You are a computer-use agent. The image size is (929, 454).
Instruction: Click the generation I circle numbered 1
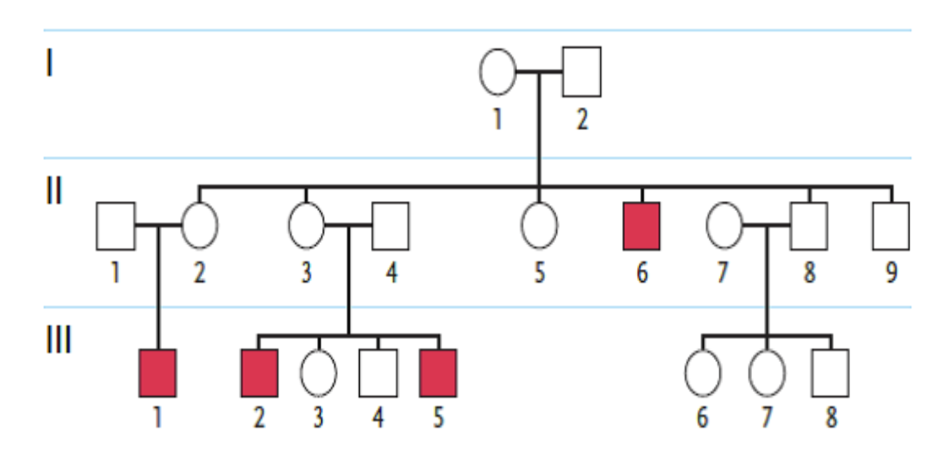pyautogui.click(x=498, y=72)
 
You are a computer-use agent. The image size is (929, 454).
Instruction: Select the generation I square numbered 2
pyautogui.click(x=582, y=72)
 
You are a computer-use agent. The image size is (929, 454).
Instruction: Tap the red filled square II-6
pyautogui.click(x=641, y=226)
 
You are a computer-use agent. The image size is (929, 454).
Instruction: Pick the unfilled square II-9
pyautogui.click(x=891, y=226)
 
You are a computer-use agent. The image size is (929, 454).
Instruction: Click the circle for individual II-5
pyautogui.click(x=539, y=226)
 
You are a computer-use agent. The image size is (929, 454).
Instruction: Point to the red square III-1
pyautogui.click(x=157, y=373)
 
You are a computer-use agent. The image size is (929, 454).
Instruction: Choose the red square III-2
pyautogui.click(x=259, y=373)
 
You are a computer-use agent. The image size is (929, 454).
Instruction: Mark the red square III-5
pyautogui.click(x=438, y=373)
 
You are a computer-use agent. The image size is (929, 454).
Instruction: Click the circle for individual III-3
pyautogui.click(x=319, y=373)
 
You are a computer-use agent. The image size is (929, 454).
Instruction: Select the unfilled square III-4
pyautogui.click(x=378, y=373)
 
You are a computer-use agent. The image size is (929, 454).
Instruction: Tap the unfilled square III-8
pyautogui.click(x=830, y=373)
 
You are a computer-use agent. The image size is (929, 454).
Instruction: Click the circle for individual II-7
pyautogui.click(x=725, y=226)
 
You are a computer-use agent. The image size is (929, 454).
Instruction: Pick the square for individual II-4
pyautogui.click(x=390, y=226)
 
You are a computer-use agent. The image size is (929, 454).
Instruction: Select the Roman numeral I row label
pyautogui.click(x=49, y=64)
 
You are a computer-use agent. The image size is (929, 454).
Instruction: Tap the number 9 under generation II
pyautogui.click(x=891, y=273)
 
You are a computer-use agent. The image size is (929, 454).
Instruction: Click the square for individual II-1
pyautogui.click(x=116, y=226)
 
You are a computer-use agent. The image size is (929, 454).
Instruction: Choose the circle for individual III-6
pyautogui.click(x=703, y=373)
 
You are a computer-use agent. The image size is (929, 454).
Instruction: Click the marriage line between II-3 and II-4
pyautogui.click(x=348, y=226)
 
